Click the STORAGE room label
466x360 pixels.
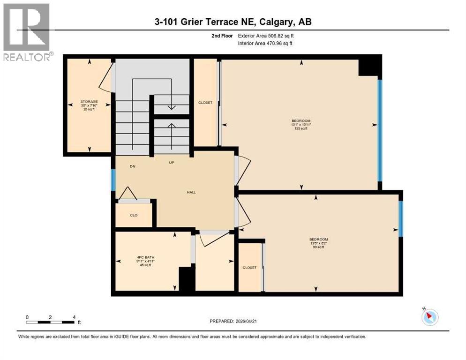(89, 101)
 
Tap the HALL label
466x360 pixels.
(191, 192)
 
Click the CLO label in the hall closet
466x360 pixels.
(134, 215)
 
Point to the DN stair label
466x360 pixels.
(133, 166)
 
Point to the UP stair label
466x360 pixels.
(172, 163)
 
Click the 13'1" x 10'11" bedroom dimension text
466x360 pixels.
(301, 124)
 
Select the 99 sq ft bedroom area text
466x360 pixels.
(319, 247)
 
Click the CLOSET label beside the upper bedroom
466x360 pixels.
(205, 103)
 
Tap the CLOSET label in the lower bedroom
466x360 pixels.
(249, 268)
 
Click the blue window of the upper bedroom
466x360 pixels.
(380, 130)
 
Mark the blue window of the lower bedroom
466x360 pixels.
(401, 218)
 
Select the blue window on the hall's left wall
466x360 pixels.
(113, 180)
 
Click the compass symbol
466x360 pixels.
(429, 317)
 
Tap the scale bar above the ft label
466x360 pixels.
(51, 322)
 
